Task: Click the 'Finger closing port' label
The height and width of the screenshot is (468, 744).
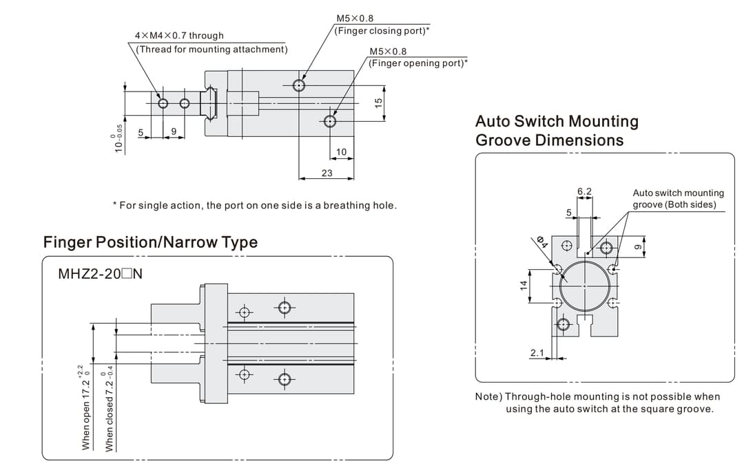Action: (x=382, y=31)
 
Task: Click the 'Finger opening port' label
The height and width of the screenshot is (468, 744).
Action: (x=417, y=63)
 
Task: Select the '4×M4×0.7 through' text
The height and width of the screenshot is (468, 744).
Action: (x=178, y=35)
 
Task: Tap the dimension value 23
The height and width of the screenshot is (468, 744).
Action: (x=327, y=173)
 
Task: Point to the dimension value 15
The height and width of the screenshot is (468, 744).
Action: (x=378, y=102)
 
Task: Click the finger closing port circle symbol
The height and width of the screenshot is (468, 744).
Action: (x=299, y=85)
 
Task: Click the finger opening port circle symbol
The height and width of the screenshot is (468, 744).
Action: (x=331, y=122)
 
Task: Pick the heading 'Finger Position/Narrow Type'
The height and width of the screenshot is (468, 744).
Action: (x=150, y=242)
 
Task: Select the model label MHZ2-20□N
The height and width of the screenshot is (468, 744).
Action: (x=100, y=274)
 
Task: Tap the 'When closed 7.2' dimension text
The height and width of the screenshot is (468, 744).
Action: (x=108, y=412)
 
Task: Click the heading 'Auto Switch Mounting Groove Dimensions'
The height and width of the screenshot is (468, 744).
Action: (x=557, y=131)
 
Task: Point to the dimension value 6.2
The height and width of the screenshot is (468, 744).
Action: (x=584, y=191)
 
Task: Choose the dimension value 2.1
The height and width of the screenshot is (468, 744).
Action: (x=537, y=353)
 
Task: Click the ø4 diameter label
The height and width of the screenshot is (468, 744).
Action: (x=542, y=242)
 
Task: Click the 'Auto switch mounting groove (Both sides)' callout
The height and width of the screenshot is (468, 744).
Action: (x=678, y=199)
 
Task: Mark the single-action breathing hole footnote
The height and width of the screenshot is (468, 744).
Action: (x=254, y=205)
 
